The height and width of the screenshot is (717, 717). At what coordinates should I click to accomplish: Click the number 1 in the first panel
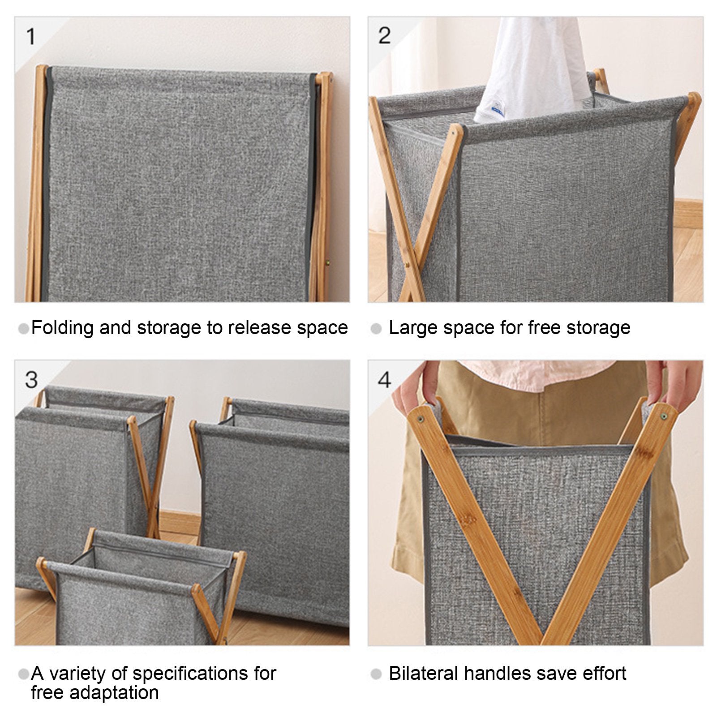pos(30,36)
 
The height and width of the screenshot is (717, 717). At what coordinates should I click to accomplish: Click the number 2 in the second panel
pos(384,35)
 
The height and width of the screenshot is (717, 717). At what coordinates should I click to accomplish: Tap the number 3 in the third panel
pos(31,380)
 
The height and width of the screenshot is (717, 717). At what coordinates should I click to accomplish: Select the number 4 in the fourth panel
pos(384,380)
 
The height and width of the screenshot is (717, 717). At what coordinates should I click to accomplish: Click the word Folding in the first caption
pos(63,328)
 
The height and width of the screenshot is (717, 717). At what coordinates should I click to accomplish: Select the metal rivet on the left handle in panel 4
pos(421,419)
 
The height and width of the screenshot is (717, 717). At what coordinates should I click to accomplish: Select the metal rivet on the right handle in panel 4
pos(662,417)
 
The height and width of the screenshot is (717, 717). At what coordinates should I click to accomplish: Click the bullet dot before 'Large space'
pos(376,329)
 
